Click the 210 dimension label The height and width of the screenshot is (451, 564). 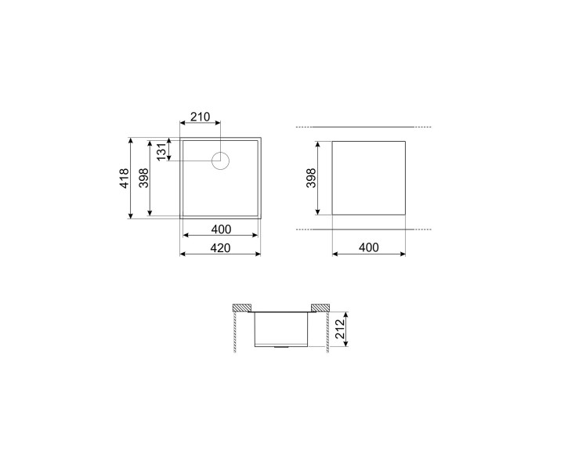click(x=200, y=117)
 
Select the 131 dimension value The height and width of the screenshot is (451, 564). click(x=161, y=150)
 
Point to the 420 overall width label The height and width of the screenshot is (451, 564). click(x=220, y=247)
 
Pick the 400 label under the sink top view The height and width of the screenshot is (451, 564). click(x=220, y=229)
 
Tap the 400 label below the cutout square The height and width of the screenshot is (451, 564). click(x=368, y=247)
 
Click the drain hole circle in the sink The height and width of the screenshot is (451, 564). click(x=221, y=161)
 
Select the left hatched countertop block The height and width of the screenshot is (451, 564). click(x=243, y=306)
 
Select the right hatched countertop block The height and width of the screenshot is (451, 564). click(x=320, y=306)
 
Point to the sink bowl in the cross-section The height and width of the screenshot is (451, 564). click(x=282, y=327)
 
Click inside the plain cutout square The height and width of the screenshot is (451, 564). click(x=368, y=178)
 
